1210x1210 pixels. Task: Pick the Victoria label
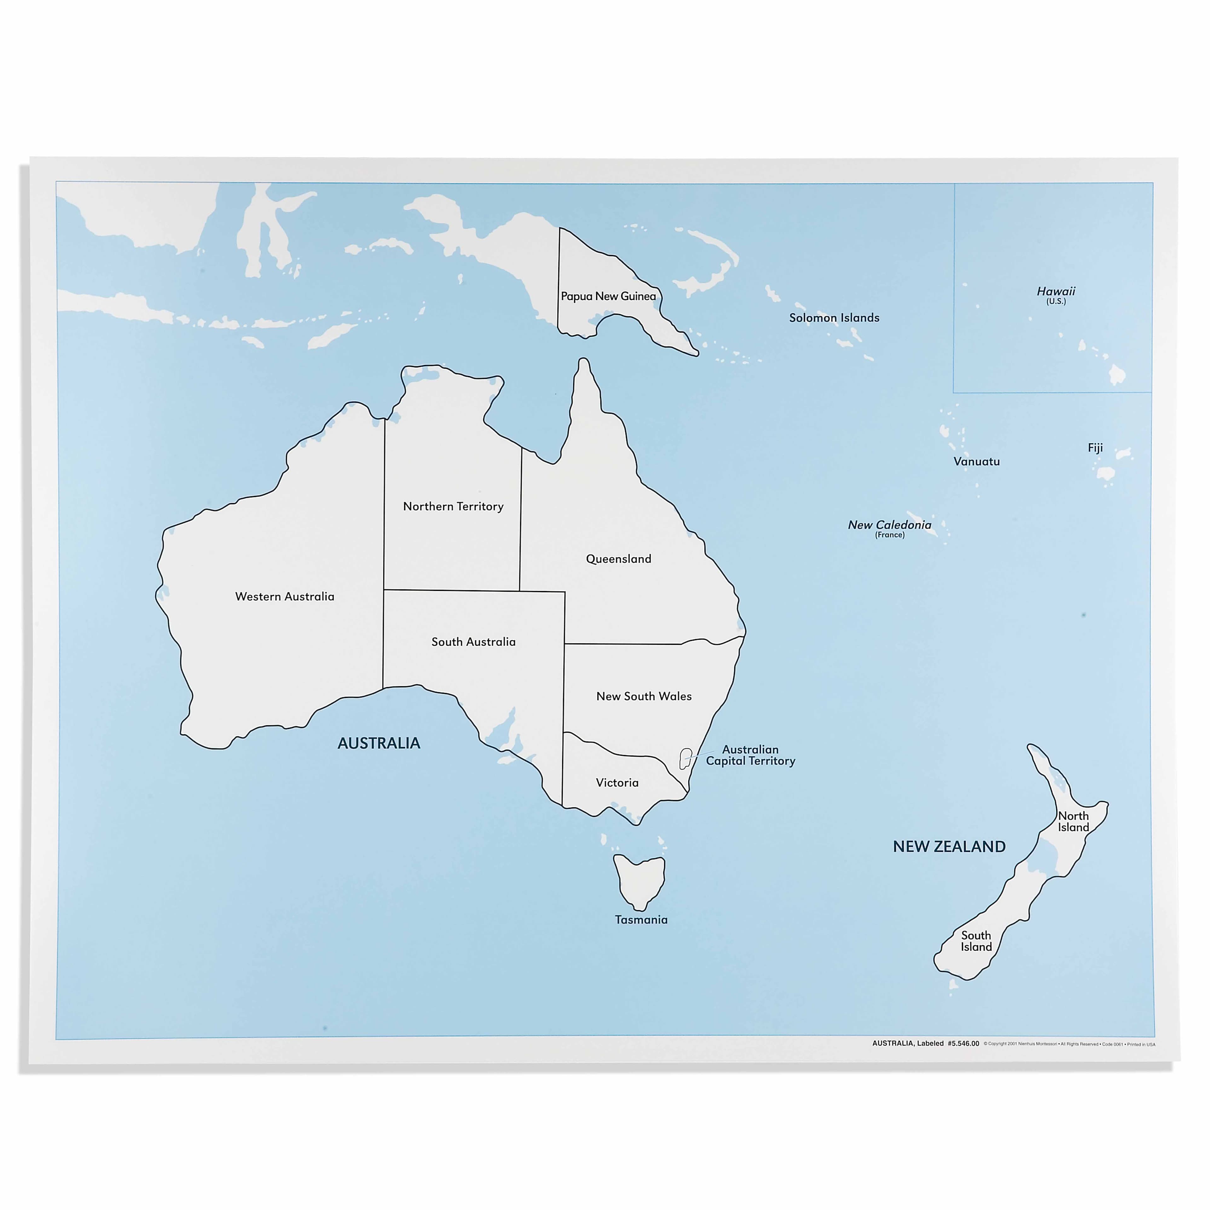coord(617,783)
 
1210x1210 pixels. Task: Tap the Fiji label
coord(1095,448)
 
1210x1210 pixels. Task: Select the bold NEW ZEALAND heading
coord(949,847)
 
